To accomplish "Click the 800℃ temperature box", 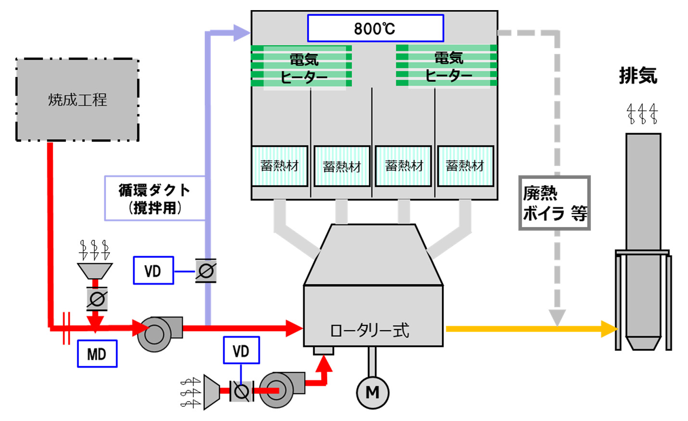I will click(x=375, y=28).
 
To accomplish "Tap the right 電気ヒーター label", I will click(x=448, y=67).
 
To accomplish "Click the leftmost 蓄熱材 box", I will click(x=280, y=166).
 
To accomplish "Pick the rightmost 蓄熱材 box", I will click(x=465, y=166).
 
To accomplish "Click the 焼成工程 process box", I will click(x=77, y=100).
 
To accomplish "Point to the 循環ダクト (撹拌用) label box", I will click(x=154, y=198).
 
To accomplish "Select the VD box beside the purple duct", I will click(x=153, y=271).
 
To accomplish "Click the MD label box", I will click(x=97, y=354).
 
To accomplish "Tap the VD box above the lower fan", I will click(x=242, y=350).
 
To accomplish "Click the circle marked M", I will click(x=372, y=392).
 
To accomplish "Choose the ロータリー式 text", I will click(x=369, y=331).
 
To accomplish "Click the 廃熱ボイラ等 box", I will click(x=554, y=203).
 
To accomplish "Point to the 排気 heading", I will click(x=638, y=76).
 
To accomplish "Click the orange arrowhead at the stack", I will click(x=610, y=329).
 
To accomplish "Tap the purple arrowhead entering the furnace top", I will click(x=241, y=33).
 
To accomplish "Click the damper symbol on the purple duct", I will click(x=206, y=271).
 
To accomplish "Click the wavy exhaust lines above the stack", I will click(x=642, y=114).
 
